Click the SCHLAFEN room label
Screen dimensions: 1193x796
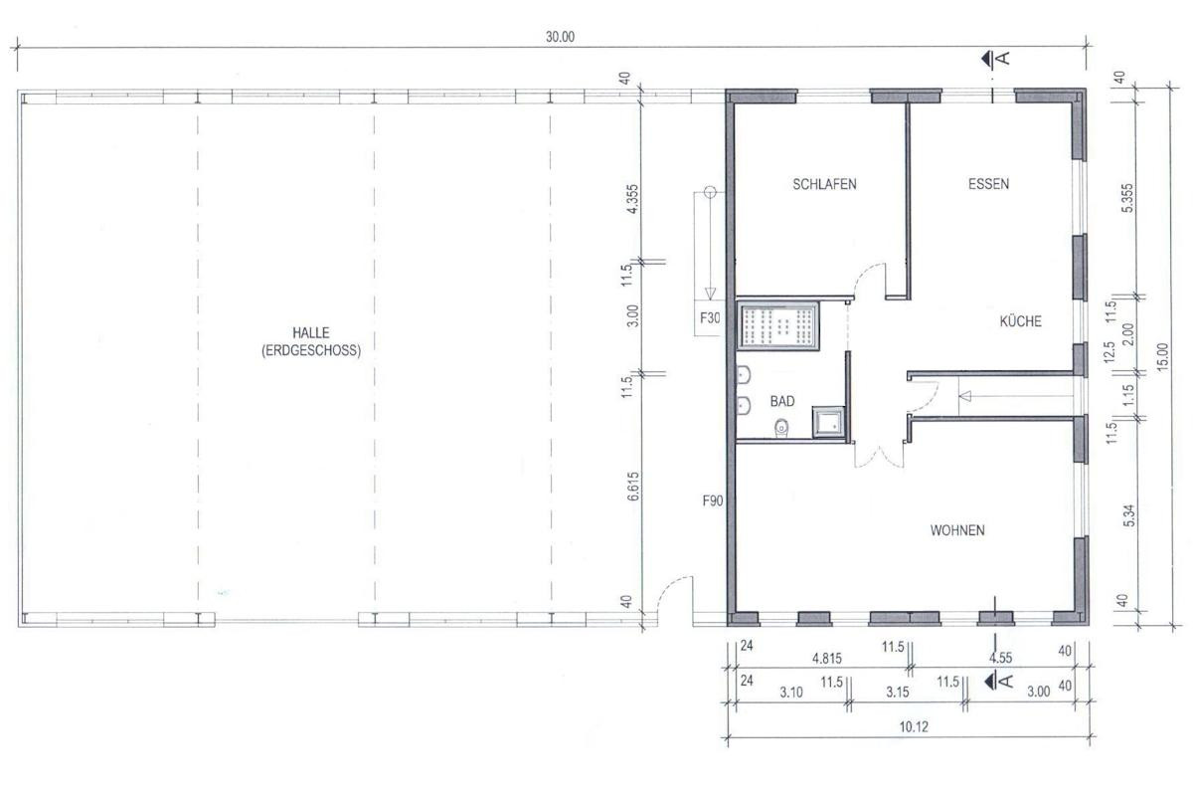[x=824, y=184]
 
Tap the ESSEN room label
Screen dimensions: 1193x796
[x=988, y=184]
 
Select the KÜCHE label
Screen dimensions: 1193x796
[x=1020, y=321]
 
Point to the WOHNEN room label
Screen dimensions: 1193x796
[x=957, y=530]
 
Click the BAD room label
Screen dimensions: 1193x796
[x=782, y=401]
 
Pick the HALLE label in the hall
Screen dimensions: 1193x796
[x=311, y=332]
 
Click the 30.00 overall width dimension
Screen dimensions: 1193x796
[x=561, y=37]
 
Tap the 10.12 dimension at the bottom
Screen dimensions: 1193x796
[x=914, y=726]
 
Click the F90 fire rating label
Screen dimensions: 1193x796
[x=713, y=500]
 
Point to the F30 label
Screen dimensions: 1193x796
[x=710, y=318]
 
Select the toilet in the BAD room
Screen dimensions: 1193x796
[x=781, y=428]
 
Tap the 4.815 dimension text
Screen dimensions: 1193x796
[x=827, y=659]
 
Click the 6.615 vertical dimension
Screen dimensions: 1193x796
[x=632, y=487]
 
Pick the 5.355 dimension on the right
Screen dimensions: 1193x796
[x=1127, y=198]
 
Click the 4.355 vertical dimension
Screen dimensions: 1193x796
[x=632, y=199]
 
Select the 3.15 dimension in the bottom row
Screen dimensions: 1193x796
[x=898, y=693]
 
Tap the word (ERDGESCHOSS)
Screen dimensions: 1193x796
[x=311, y=350]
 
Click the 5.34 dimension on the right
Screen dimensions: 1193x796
[x=1128, y=515]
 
